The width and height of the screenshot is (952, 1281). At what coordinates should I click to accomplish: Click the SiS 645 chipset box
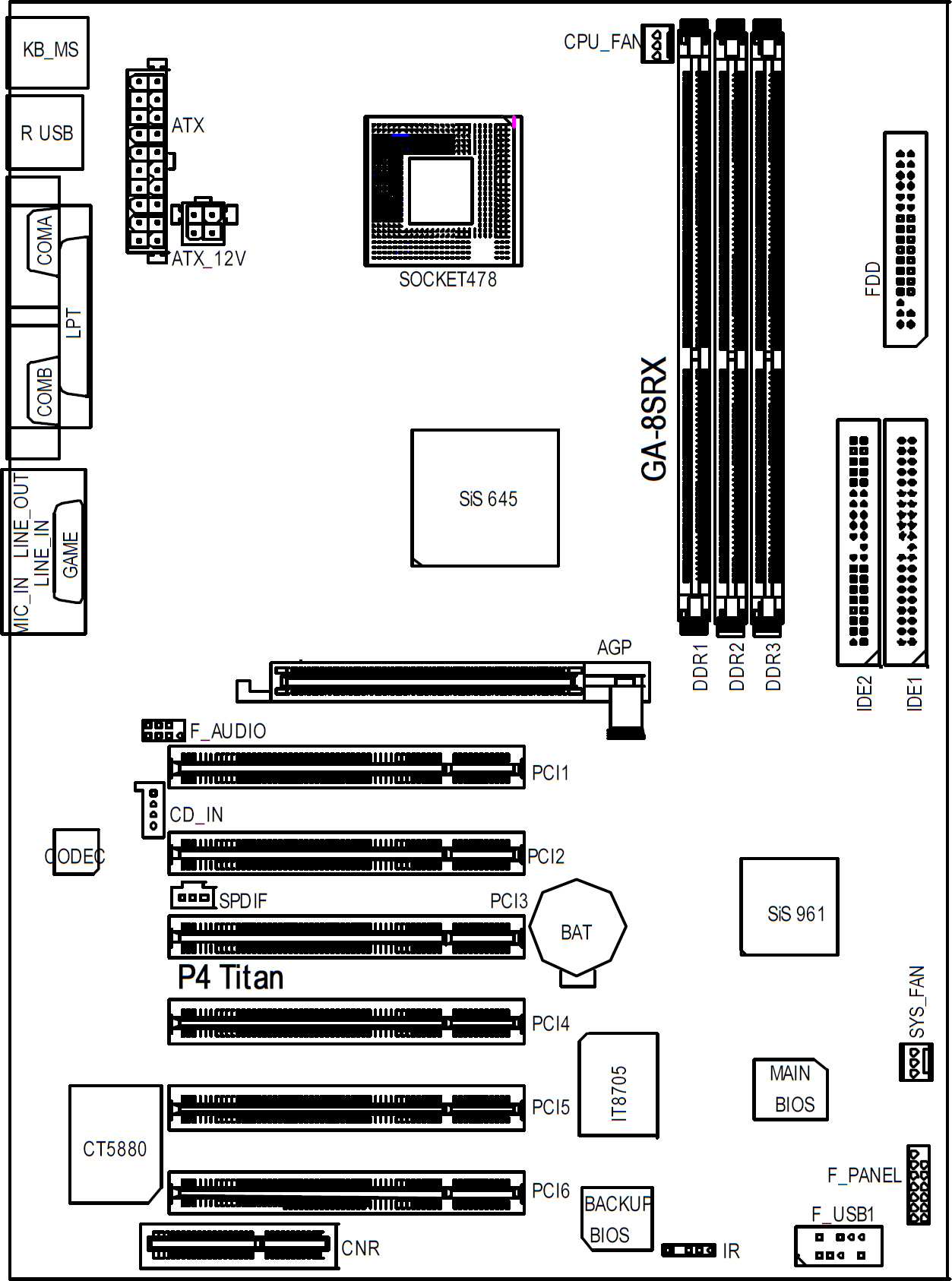pos(485,498)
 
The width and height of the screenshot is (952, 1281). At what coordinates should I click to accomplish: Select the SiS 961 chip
pos(789,906)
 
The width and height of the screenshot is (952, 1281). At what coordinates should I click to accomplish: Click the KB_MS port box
pos(47,52)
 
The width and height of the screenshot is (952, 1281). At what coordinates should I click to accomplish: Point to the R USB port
pos(45,132)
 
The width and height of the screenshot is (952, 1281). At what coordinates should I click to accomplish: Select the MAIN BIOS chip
pos(790,1090)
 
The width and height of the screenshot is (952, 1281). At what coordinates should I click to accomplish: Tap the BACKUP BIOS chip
pos(615,1219)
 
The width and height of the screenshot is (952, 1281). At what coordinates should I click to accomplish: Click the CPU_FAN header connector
pos(657,43)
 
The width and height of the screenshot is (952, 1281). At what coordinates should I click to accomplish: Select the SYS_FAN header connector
pos(916,1061)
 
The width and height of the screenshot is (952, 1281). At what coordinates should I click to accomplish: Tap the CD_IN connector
pos(150,809)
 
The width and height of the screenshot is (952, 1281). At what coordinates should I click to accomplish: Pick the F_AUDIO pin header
pos(163,730)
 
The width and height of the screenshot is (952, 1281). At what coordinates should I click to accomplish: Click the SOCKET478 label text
pos(448,280)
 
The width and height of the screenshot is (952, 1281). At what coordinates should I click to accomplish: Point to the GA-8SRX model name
pos(654,418)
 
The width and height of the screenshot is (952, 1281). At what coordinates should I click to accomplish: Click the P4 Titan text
pos(230,977)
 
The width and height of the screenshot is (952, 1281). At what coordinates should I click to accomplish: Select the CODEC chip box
pos(76,852)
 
